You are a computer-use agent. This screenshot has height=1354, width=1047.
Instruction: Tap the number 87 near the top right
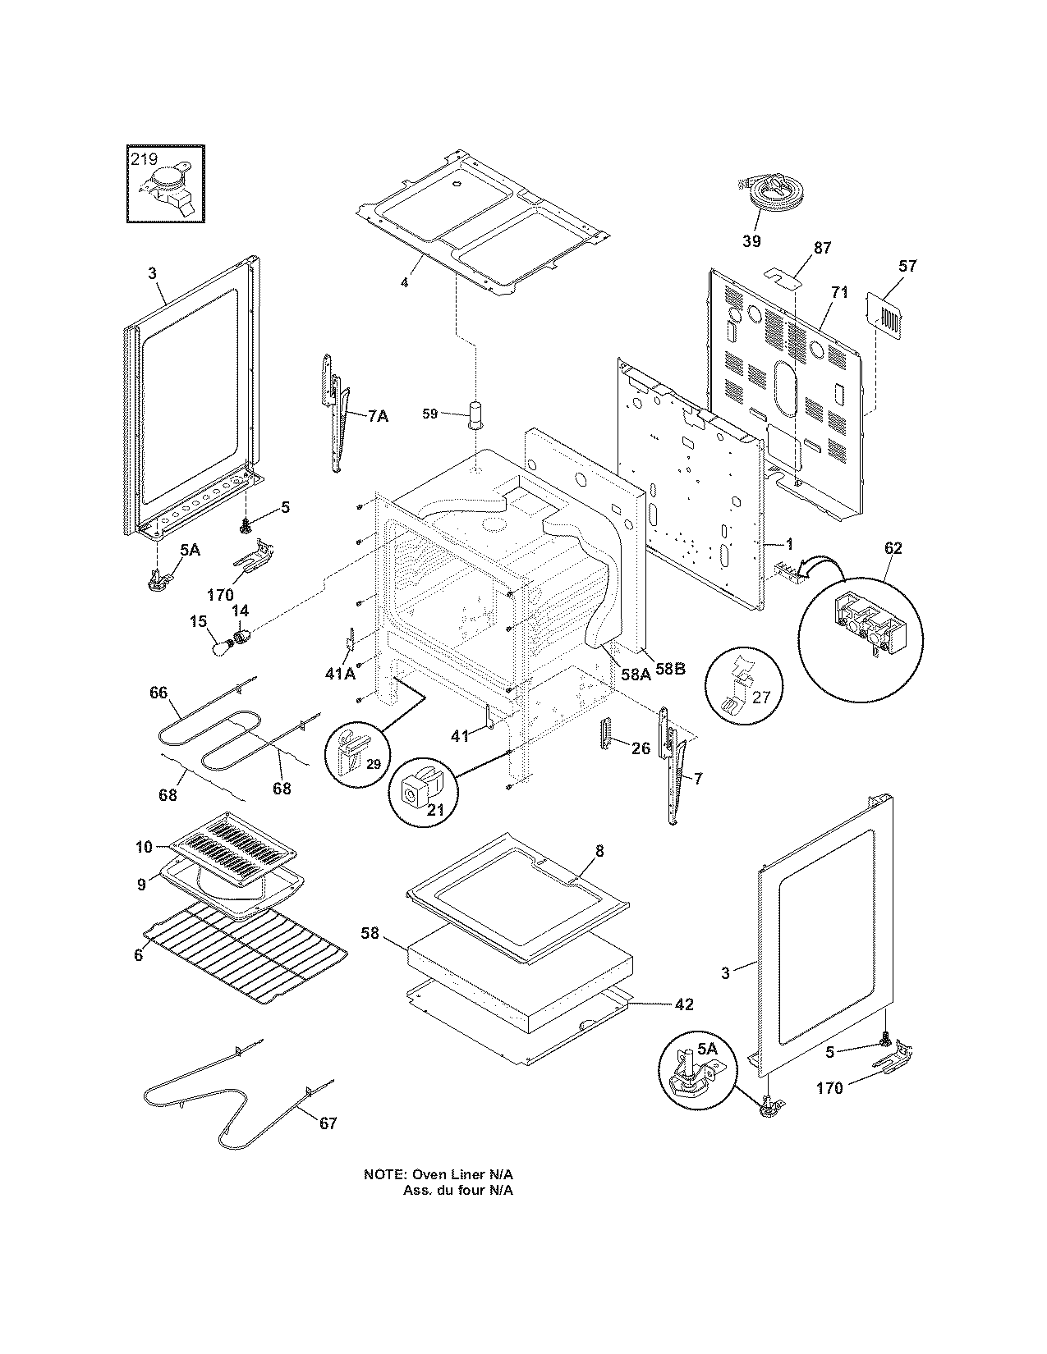point(822,247)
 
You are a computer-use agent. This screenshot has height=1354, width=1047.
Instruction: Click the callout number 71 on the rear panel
point(838,294)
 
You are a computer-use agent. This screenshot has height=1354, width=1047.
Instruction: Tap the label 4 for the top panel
point(404,282)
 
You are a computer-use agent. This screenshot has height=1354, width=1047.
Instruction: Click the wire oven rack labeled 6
point(246,952)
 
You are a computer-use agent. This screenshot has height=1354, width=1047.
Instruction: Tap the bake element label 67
point(328,1123)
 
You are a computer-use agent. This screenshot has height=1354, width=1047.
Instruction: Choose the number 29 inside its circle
point(374,763)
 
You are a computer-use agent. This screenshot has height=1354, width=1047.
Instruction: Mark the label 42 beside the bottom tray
point(684,1004)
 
